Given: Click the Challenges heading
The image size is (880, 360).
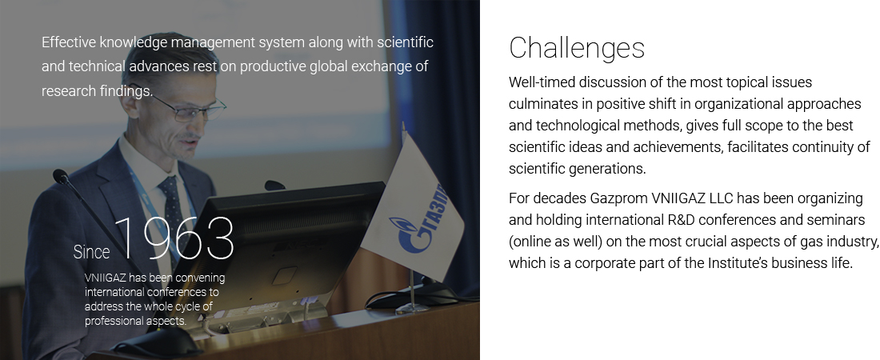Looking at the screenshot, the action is pyautogui.click(x=577, y=48).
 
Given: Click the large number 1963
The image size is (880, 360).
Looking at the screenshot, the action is pyautogui.click(x=174, y=238).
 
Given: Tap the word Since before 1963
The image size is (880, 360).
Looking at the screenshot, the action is pyautogui.click(x=91, y=252).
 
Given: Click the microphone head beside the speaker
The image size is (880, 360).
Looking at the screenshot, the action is pyautogui.click(x=60, y=176).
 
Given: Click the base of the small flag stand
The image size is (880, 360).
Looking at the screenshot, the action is pyautogui.click(x=411, y=308).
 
